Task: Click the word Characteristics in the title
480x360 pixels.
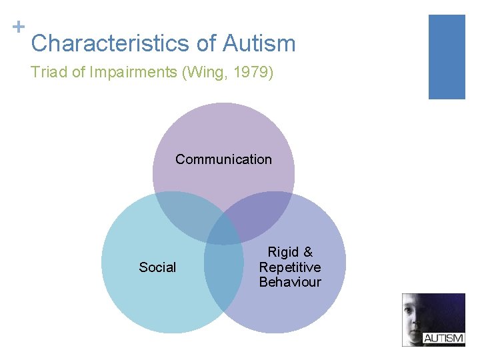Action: click(x=110, y=43)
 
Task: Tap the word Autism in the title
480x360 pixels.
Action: click(x=259, y=43)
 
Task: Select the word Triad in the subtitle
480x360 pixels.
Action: click(x=49, y=73)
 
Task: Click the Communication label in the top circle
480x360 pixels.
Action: click(x=223, y=159)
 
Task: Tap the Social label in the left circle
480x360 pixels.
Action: click(x=157, y=267)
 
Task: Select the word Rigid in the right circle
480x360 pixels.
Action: click(x=281, y=252)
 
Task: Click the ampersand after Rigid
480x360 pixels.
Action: click(x=307, y=252)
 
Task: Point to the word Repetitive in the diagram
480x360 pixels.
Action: click(x=290, y=267)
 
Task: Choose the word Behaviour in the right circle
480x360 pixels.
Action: click(x=290, y=282)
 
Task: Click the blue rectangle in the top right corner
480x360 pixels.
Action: click(x=446, y=57)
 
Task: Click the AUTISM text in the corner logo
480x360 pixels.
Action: click(x=443, y=338)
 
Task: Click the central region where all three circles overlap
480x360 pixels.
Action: click(x=224, y=230)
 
